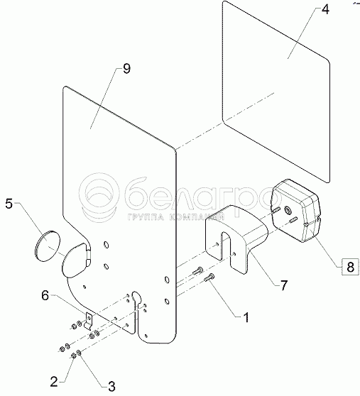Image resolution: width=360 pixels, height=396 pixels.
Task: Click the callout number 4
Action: click(x=325, y=10)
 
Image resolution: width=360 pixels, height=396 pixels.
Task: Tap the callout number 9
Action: click(x=126, y=69)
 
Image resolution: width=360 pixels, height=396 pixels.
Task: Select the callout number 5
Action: click(x=9, y=204)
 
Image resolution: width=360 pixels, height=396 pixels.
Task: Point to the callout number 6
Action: click(x=45, y=295)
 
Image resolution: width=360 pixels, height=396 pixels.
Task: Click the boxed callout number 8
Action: click(x=350, y=267)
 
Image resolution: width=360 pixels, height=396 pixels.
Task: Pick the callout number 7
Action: click(x=284, y=285)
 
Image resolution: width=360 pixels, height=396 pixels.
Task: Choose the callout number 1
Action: click(x=246, y=317)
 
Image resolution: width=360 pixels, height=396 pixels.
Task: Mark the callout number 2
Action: click(x=54, y=382)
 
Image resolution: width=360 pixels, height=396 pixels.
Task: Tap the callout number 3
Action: click(x=111, y=386)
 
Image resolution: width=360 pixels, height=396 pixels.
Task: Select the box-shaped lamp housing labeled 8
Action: click(x=296, y=210)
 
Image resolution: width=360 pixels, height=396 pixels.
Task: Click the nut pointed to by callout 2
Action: click(x=73, y=356)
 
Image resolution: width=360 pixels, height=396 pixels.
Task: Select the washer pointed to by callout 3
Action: click(x=79, y=352)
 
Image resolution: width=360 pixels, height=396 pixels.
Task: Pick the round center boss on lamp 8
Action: click(x=288, y=209)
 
